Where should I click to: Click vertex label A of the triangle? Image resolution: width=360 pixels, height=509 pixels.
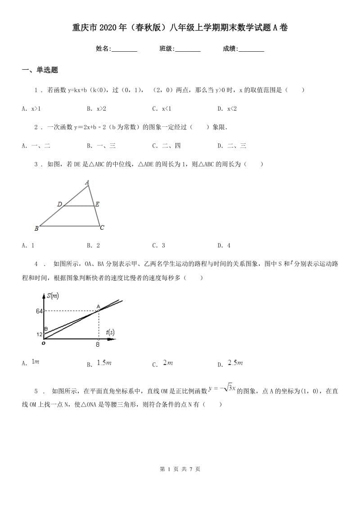(87, 182)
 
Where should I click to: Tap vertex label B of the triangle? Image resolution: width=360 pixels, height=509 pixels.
(36, 228)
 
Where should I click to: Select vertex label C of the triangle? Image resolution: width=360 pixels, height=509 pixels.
(102, 228)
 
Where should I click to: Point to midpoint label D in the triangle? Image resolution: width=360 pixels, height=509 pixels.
(59, 205)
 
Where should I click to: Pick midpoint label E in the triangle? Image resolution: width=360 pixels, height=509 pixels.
(97, 204)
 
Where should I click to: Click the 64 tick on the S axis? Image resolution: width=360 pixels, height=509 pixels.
(39, 311)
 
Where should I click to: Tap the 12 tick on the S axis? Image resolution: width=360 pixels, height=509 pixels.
(39, 334)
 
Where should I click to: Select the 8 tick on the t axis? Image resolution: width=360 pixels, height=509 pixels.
(97, 345)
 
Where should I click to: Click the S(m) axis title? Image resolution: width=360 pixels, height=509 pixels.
(53, 295)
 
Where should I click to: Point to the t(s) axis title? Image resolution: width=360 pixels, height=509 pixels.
(110, 332)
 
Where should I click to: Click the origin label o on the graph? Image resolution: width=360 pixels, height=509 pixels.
(43, 344)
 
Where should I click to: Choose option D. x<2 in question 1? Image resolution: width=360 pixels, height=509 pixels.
(227, 108)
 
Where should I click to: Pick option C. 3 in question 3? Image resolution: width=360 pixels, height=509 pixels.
(158, 246)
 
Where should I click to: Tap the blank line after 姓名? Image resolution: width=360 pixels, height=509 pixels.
(124, 49)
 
